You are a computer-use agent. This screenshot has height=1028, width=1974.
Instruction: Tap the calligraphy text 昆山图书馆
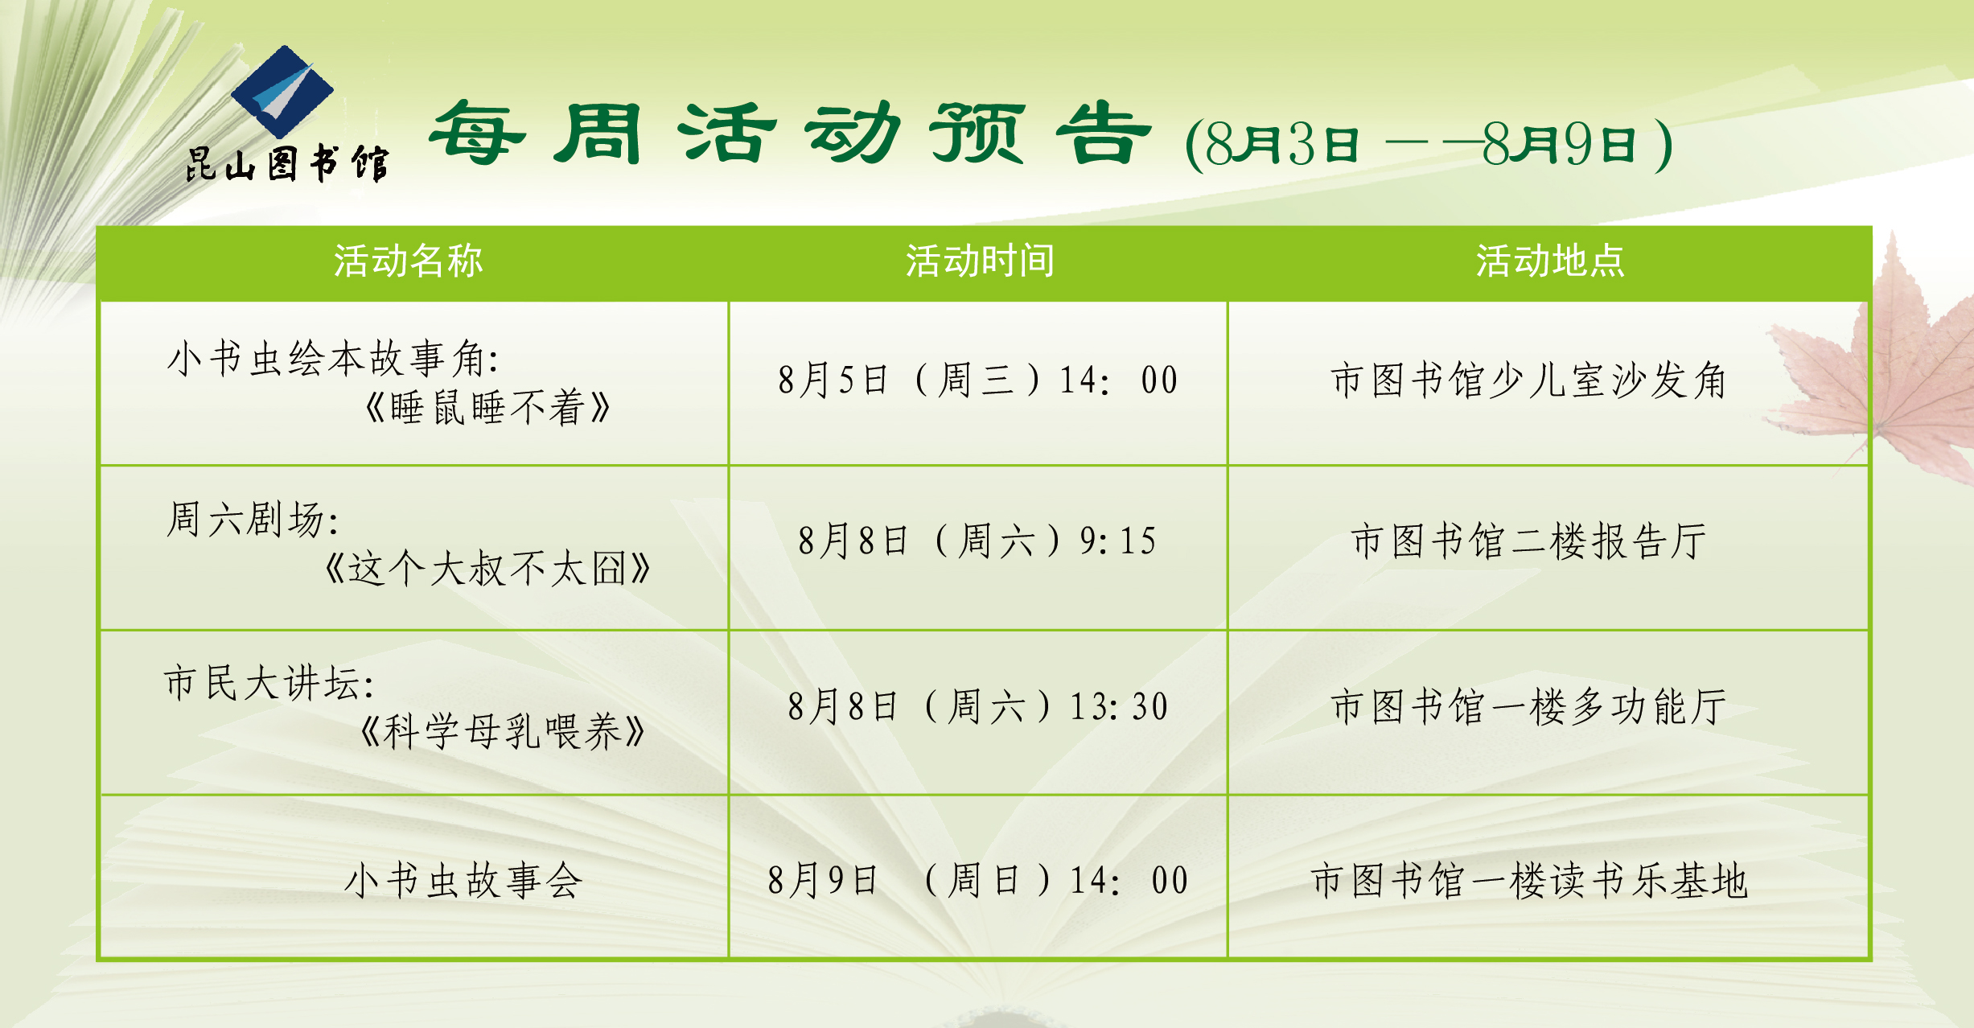(287, 164)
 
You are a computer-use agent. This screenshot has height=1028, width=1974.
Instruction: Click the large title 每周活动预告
(790, 134)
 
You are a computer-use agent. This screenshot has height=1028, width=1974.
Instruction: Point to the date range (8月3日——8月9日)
(1429, 145)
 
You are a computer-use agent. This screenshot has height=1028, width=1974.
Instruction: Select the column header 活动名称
(409, 261)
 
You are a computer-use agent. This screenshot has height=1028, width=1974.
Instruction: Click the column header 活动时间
(980, 261)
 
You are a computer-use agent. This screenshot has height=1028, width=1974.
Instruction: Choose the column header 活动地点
(1550, 261)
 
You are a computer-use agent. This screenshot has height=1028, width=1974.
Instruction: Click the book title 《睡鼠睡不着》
(487, 408)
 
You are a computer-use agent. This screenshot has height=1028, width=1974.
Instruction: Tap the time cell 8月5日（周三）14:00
(978, 380)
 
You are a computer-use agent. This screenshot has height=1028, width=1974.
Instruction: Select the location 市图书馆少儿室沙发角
(1528, 380)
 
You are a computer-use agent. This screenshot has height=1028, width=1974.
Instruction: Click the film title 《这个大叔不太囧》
(487, 569)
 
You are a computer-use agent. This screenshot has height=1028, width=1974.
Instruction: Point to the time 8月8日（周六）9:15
(978, 541)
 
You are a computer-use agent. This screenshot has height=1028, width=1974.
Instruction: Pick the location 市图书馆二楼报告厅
(1528, 541)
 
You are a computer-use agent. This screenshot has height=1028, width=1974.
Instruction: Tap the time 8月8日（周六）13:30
(978, 706)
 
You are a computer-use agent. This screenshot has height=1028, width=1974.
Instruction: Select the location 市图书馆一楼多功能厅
(1528, 706)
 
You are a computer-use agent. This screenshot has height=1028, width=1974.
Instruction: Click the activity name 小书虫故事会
(463, 880)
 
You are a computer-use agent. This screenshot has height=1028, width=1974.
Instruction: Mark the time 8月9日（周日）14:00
(978, 880)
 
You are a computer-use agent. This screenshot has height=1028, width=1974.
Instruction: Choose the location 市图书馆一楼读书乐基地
(1528, 880)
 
